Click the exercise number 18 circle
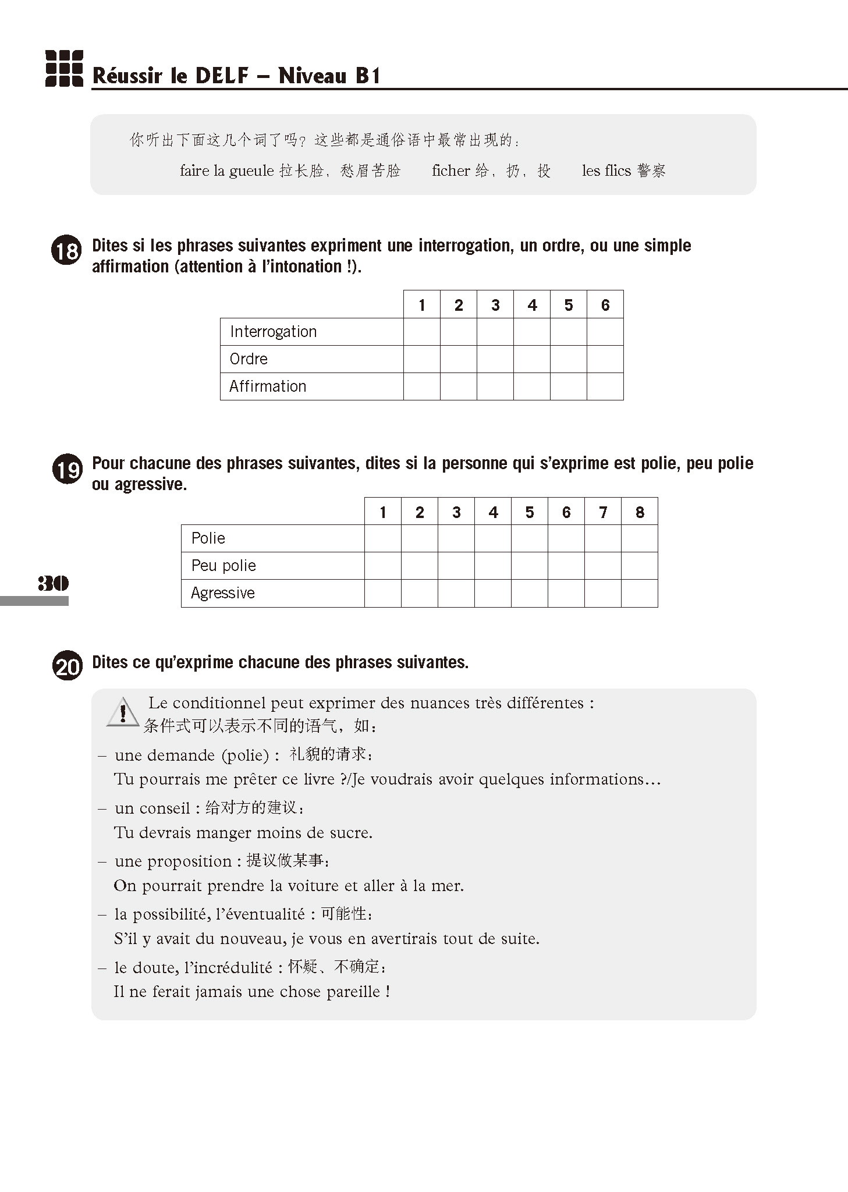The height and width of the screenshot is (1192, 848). click(x=67, y=251)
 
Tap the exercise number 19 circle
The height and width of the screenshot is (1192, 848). click(x=67, y=469)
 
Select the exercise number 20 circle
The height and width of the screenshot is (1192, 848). click(x=67, y=667)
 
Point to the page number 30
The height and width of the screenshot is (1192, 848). click(x=53, y=583)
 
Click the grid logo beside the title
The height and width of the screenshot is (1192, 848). click(x=64, y=69)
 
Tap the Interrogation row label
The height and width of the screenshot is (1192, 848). click(x=273, y=332)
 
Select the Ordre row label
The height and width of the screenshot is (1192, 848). click(x=249, y=359)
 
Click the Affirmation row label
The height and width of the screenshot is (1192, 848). click(x=268, y=386)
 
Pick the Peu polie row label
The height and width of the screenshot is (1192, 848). click(x=223, y=566)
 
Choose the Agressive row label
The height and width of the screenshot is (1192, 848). click(x=223, y=593)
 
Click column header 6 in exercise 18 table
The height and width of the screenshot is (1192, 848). click(x=605, y=305)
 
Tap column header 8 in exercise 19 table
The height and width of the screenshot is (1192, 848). click(x=639, y=512)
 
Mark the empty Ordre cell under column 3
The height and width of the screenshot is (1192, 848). click(x=495, y=359)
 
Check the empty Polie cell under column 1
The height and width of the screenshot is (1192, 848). click(x=382, y=538)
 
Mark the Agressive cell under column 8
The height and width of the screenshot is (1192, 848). click(x=639, y=593)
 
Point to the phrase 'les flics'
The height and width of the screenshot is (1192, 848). click(x=606, y=171)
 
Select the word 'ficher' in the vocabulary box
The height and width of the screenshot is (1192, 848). click(x=450, y=171)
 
